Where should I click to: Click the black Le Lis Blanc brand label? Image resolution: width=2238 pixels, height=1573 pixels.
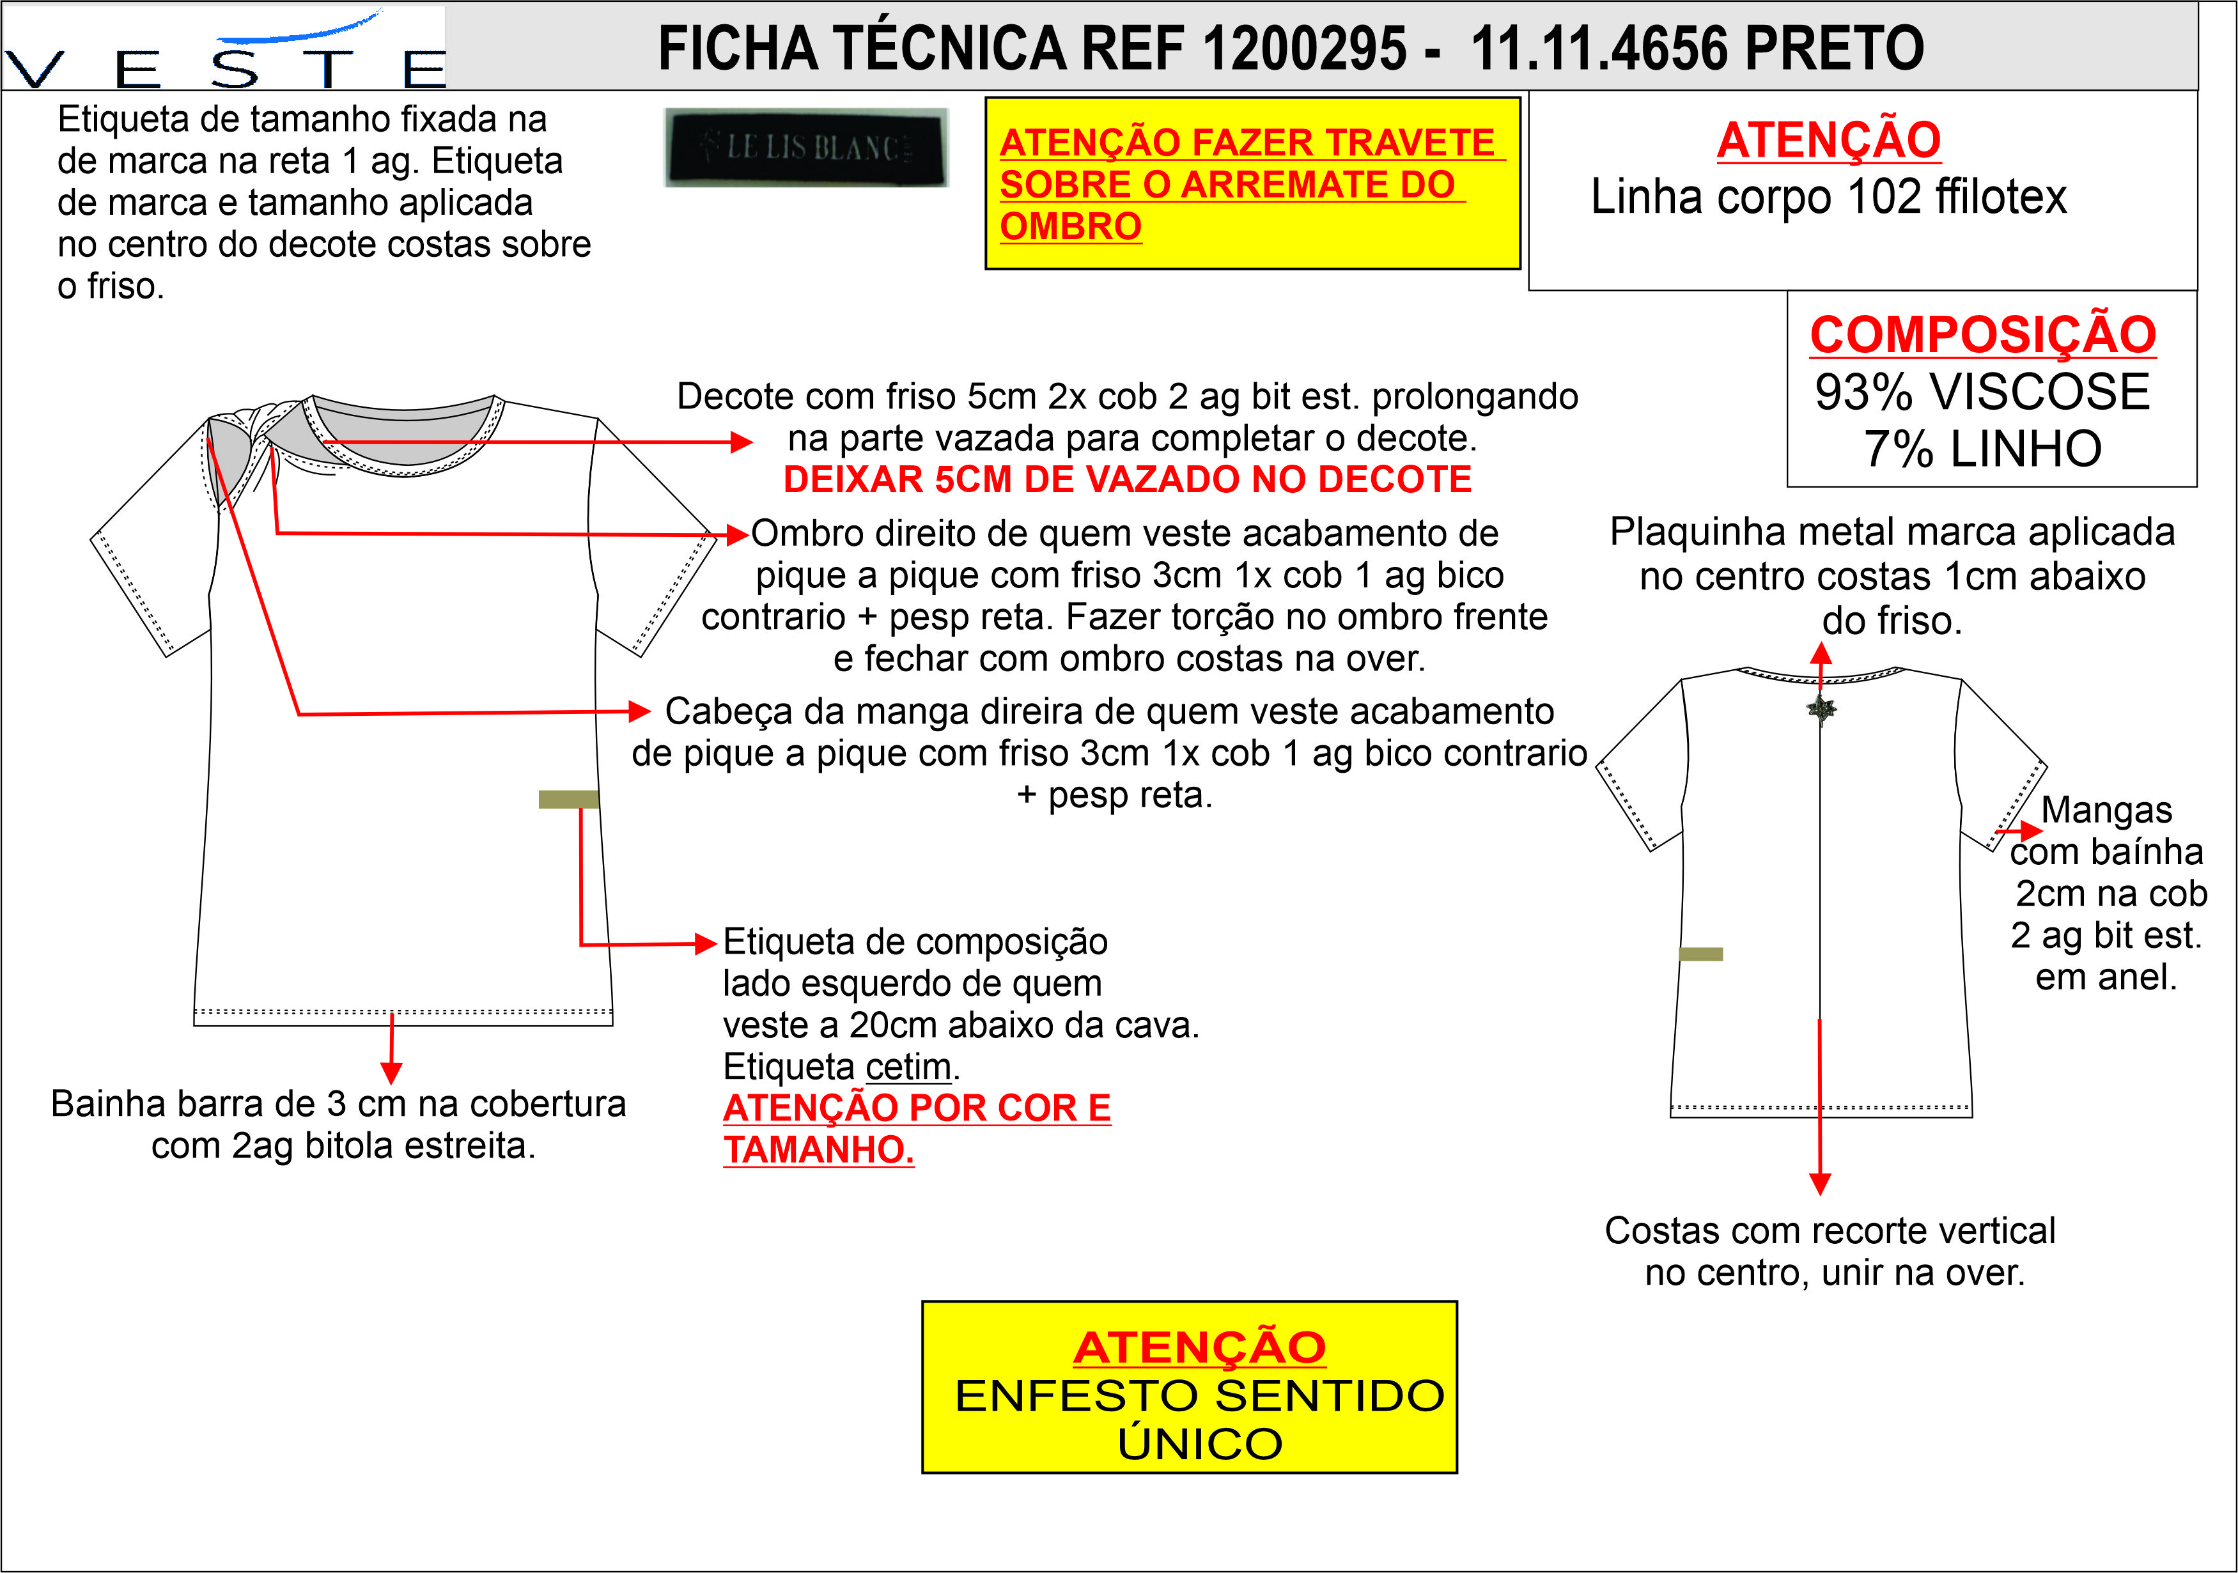point(806,147)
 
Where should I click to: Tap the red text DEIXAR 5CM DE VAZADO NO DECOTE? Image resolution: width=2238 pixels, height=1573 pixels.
point(1128,479)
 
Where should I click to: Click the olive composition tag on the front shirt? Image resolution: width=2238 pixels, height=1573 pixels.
point(568,799)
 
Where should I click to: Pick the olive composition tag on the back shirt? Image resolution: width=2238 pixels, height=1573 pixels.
point(1701,954)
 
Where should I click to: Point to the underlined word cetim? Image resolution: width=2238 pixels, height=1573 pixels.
point(908,1067)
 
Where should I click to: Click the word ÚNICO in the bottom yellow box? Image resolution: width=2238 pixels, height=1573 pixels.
point(1199,1443)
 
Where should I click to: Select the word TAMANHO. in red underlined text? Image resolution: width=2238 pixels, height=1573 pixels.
point(819,1150)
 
